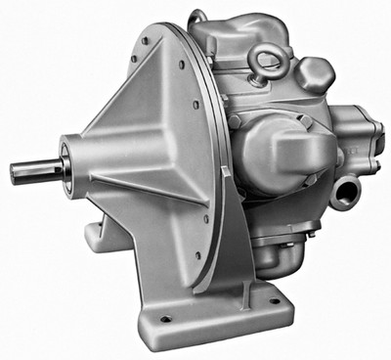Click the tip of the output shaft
pyautogui.click(x=15, y=174)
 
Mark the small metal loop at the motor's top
pyautogui.click(x=198, y=17)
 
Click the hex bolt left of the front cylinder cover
pyautogui.click(x=235, y=122)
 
